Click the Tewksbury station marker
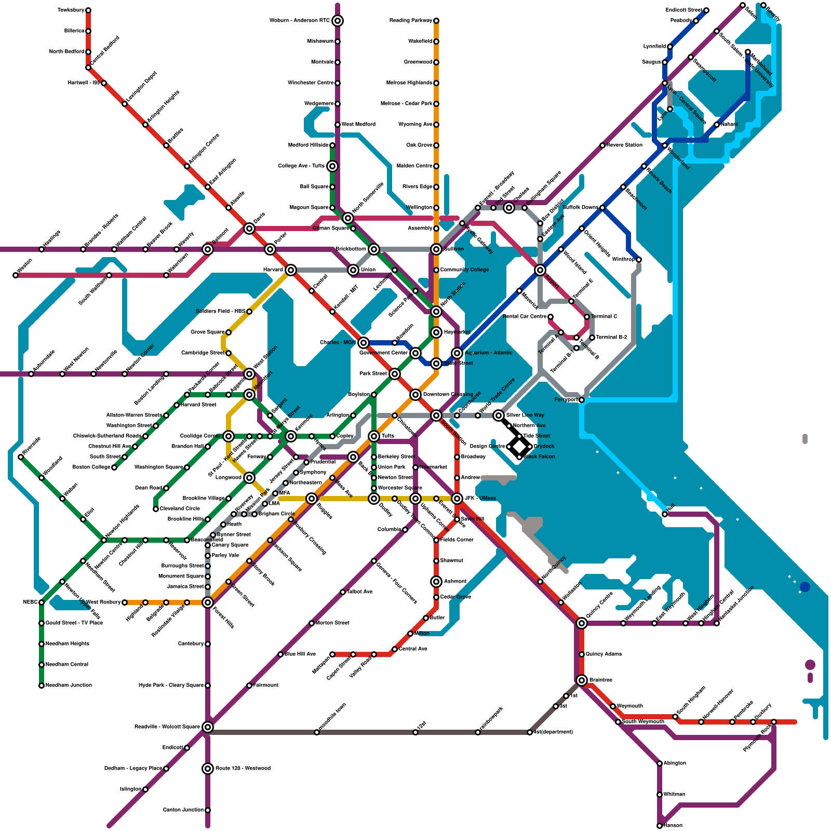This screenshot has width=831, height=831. [88, 10]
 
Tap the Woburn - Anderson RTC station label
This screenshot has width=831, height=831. [300, 21]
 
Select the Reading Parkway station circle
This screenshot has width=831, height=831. [436, 21]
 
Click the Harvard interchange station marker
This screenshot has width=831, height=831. [291, 270]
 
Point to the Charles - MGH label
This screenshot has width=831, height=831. [338, 343]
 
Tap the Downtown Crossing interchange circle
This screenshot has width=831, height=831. [415, 395]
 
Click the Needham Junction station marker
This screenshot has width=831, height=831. [42, 686]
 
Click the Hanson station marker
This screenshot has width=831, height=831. [660, 826]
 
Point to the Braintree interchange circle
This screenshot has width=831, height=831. [582, 680]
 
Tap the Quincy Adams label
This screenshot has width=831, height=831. [604, 654]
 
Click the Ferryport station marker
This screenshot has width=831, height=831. [582, 400]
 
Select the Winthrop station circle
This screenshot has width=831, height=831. [639, 260]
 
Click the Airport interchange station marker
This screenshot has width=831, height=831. [540, 270]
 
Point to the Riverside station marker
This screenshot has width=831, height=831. [21, 457]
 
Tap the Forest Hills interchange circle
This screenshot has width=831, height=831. [208, 602]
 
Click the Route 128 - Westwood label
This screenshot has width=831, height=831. [243, 769]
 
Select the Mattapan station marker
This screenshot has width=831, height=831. [332, 654]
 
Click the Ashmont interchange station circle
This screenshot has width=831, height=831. [436, 582]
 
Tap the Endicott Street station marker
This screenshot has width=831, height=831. [706, 10]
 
